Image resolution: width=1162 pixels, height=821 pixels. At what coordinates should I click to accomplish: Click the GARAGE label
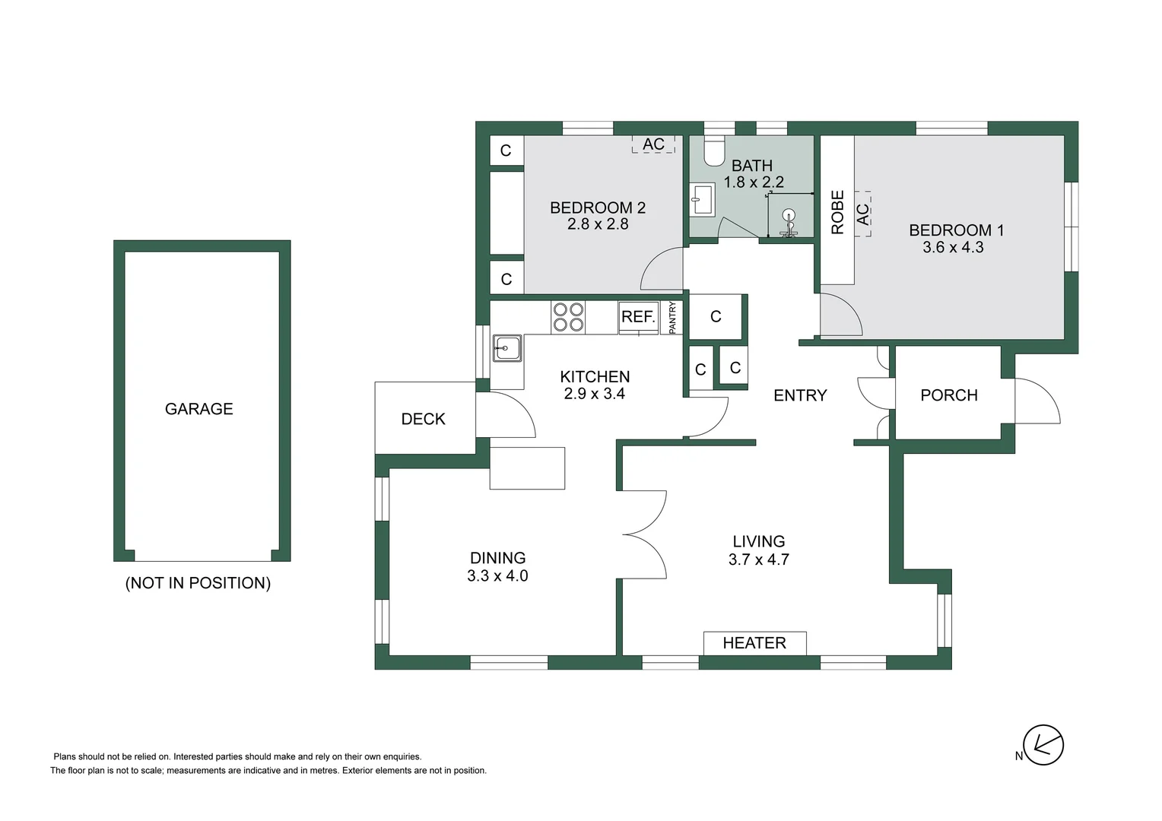click(x=198, y=409)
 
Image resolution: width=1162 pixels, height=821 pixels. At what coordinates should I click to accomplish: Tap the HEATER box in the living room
click(x=754, y=643)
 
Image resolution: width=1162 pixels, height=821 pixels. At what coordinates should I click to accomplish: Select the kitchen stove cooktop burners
click(x=568, y=317)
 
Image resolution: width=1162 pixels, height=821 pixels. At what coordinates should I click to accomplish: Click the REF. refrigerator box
click(x=638, y=317)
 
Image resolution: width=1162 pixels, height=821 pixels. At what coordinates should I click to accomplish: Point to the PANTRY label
click(x=672, y=318)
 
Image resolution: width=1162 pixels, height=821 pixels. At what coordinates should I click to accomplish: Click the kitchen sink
click(x=506, y=348)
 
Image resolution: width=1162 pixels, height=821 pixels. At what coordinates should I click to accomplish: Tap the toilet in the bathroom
click(x=714, y=151)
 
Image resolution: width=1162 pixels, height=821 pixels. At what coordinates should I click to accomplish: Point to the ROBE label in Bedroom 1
click(x=837, y=212)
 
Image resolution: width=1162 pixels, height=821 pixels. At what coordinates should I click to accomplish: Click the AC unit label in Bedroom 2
click(x=653, y=144)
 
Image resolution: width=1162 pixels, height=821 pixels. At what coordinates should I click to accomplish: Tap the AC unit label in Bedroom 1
click(x=863, y=214)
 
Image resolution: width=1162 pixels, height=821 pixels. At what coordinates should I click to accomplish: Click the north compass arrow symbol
click(x=1043, y=745)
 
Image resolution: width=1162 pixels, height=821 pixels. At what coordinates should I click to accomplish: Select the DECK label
click(x=423, y=419)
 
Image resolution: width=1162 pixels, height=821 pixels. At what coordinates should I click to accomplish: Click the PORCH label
click(x=948, y=395)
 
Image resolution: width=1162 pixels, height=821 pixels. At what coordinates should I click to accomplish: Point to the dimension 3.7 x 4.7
click(x=758, y=559)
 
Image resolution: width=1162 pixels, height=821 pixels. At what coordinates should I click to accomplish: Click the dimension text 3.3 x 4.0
click(x=497, y=575)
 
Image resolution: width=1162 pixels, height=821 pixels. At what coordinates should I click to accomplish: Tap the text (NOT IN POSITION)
click(x=198, y=583)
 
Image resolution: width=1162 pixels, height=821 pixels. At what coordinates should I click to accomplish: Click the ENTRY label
click(x=799, y=395)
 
